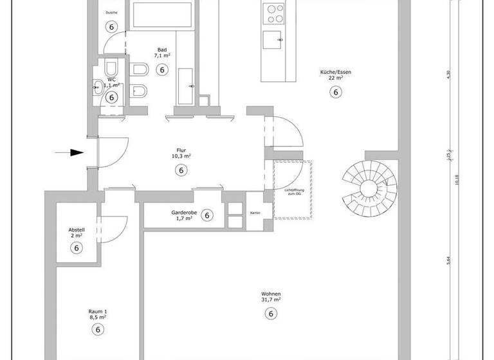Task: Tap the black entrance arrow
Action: [70, 152]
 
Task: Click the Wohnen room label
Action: [271, 296]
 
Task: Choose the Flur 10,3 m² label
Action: [181, 152]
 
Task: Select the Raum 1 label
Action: [98, 313]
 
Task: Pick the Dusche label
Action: [112, 12]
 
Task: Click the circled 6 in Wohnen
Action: [271, 314]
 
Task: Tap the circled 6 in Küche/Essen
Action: [334, 92]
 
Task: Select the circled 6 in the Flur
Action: [181, 170]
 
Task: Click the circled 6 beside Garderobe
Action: [207, 215]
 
